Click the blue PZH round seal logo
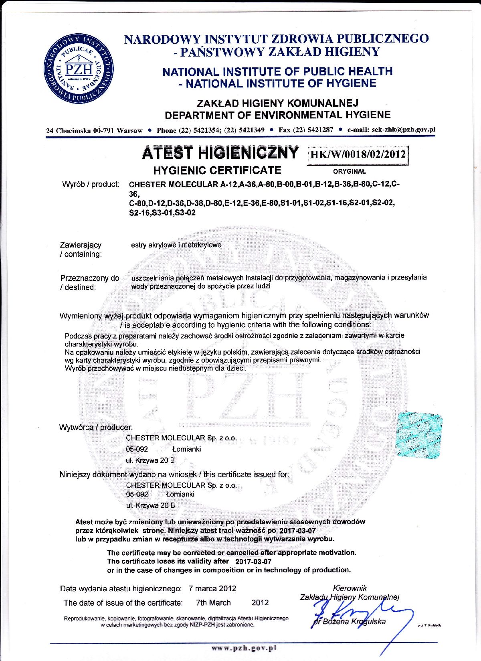coord(79,68)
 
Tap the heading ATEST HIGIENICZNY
coord(220,153)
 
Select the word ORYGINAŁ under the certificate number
coord(350,171)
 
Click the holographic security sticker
coord(419,436)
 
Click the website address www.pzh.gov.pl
coord(244,648)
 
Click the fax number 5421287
coord(319,130)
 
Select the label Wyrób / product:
coord(91,184)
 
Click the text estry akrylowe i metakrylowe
coord(176,245)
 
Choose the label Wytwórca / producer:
coord(96,427)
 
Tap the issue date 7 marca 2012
coord(212,588)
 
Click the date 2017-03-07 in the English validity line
coord(253,562)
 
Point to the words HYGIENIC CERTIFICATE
coord(217,170)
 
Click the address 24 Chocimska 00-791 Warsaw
coord(95,131)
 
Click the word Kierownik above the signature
coord(350,588)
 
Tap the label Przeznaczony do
coord(90,278)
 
